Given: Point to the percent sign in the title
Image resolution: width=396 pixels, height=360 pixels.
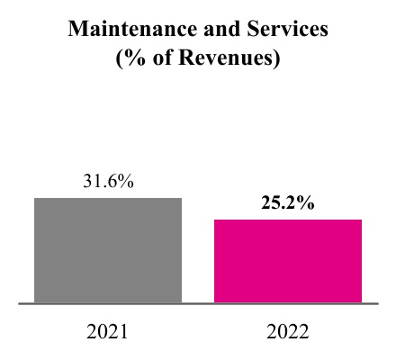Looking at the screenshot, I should click(x=131, y=60).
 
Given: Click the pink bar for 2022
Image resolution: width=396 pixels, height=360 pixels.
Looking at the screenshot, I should click(x=288, y=261).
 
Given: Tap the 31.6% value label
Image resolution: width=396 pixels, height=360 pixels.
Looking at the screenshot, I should click(x=108, y=181).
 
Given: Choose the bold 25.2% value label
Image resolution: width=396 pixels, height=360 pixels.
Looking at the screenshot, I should click(x=288, y=202).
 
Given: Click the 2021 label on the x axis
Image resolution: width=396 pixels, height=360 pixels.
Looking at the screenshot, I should click(x=108, y=332).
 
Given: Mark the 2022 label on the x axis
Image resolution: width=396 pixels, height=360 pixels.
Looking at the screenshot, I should click(x=288, y=332).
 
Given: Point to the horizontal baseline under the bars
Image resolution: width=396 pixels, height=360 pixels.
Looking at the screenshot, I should click(x=198, y=304).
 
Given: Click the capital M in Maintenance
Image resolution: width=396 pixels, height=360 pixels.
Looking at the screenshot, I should click(x=78, y=30).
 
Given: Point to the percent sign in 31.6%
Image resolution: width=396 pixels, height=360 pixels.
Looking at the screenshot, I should click(x=127, y=181).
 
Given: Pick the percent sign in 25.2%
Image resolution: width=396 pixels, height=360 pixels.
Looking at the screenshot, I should click(x=307, y=202).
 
